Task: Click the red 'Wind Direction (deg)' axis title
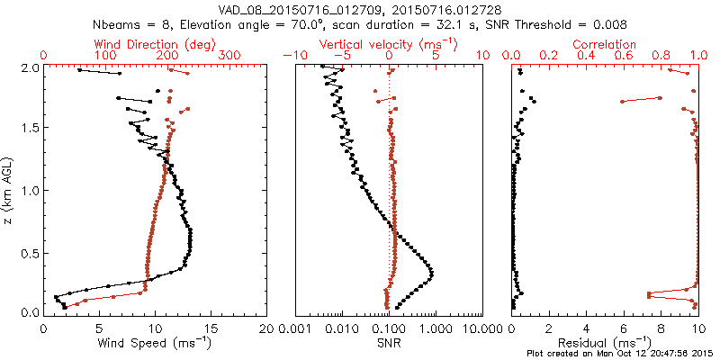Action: click(x=158, y=43)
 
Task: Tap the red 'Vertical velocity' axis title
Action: click(x=389, y=43)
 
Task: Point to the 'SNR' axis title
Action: click(x=389, y=343)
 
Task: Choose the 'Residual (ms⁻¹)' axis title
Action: click(x=605, y=344)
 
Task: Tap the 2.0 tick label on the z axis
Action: click(x=29, y=67)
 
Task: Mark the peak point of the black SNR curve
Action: click(x=431, y=273)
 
